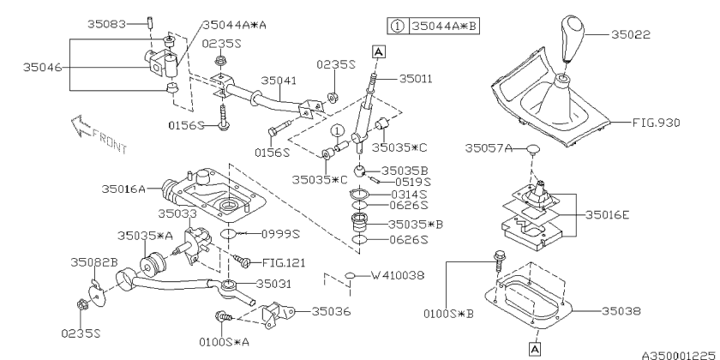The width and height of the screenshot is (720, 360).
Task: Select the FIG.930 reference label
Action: tap(657, 123)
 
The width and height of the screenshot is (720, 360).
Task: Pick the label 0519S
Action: tap(414, 183)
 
